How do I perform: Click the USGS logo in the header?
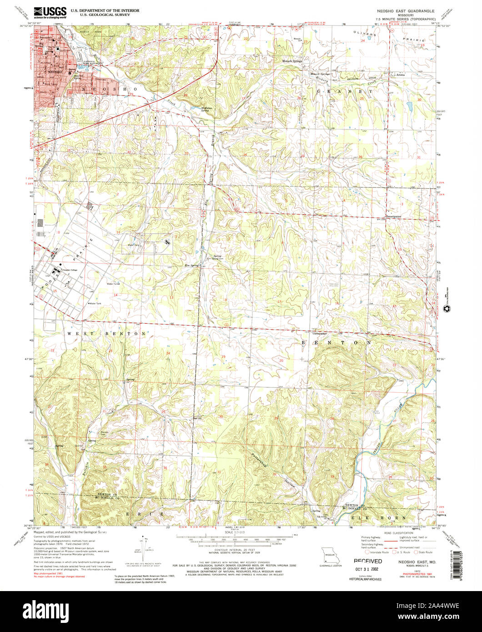click(x=50, y=11)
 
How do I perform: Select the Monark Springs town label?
click(x=292, y=61)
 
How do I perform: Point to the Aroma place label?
click(x=400, y=75)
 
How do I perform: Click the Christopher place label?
click(x=320, y=333)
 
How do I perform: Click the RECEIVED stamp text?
click(x=368, y=562)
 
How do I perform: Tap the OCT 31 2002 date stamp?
click(x=368, y=568)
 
